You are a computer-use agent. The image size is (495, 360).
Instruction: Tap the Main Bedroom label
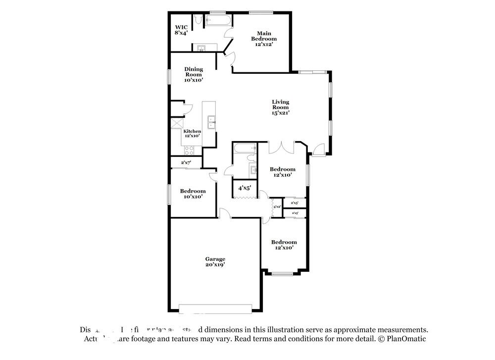click(263, 39)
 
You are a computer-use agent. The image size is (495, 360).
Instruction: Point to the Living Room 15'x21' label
click(280, 107)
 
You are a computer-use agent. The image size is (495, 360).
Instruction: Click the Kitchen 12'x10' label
click(192, 133)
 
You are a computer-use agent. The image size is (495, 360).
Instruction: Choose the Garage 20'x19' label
click(215, 261)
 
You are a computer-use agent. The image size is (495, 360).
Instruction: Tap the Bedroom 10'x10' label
click(193, 194)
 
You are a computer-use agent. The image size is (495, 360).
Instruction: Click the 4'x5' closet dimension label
click(245, 188)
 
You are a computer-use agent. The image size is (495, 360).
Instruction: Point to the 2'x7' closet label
click(186, 162)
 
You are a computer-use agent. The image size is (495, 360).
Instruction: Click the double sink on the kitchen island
click(211, 122)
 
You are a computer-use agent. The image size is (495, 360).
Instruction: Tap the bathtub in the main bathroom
click(217, 21)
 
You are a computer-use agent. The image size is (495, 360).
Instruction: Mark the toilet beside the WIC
click(197, 20)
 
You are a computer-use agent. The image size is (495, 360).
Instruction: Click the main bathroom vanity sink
click(201, 48)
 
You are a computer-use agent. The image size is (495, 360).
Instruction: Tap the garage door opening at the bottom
click(215, 309)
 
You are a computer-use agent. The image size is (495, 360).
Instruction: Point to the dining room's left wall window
click(169, 77)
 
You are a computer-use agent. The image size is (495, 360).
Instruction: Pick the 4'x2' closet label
click(277, 206)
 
